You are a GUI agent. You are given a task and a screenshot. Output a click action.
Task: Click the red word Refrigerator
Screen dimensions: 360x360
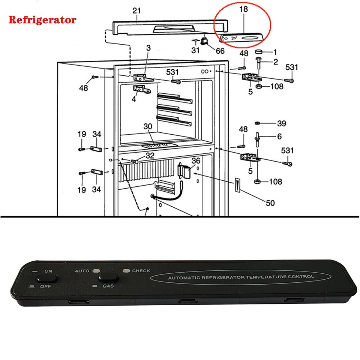tap(42, 19)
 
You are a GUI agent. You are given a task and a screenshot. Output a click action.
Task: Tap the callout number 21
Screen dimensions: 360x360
tap(136, 10)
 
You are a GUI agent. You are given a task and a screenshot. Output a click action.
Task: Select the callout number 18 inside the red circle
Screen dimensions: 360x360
tap(243, 9)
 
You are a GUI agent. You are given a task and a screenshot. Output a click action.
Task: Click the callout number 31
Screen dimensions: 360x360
tap(195, 50)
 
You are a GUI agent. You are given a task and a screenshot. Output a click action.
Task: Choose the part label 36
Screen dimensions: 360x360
tap(196, 160)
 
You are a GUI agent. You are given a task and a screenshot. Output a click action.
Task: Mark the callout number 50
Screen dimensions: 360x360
tap(270, 203)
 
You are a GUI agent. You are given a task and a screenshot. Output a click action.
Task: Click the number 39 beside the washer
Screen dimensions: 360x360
tap(282, 124)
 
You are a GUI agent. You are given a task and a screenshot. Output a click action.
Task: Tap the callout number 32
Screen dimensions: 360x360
tap(150, 155)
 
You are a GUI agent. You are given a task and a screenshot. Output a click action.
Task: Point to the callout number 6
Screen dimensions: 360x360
tap(279, 137)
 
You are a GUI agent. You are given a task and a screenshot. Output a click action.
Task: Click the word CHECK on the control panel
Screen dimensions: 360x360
tap(141, 271)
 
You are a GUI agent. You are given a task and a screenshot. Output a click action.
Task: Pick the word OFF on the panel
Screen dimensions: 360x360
tap(45, 286)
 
